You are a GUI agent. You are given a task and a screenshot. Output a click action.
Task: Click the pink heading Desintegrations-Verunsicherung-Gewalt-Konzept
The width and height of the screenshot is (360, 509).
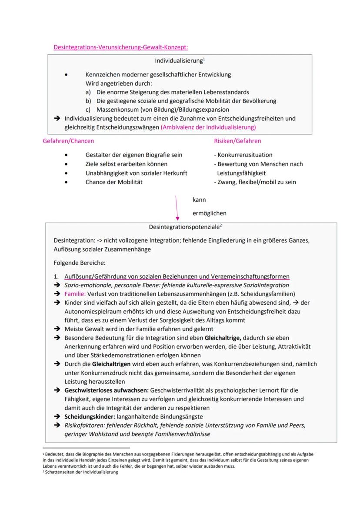point(120,47)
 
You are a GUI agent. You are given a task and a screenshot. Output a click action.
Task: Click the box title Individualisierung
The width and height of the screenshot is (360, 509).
point(179,61)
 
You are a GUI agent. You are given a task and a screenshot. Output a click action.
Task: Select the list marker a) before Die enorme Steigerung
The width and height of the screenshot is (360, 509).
point(88,92)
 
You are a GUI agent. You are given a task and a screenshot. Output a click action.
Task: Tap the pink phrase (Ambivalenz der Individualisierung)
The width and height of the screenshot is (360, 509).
point(208,127)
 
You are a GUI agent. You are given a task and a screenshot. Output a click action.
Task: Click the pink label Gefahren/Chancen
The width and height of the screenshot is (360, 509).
point(68,141)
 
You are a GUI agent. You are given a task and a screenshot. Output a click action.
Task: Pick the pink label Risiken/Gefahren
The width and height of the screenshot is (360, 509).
point(237,141)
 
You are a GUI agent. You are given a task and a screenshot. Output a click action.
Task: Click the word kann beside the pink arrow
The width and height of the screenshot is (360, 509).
point(199,200)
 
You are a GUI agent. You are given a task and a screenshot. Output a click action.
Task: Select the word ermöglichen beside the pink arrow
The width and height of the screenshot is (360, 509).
point(209,213)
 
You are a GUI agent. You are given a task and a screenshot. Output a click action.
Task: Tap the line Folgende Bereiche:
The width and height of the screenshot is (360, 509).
point(80,263)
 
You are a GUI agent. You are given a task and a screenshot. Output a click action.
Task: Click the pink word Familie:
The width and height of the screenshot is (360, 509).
point(75,294)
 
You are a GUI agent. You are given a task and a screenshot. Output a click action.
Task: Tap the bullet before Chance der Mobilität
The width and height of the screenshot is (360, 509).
point(66,182)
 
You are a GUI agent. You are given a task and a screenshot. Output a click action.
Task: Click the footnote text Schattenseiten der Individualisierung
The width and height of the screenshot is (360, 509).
point(82,472)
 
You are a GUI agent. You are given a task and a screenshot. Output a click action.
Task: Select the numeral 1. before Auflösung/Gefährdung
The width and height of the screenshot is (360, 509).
point(56,276)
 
